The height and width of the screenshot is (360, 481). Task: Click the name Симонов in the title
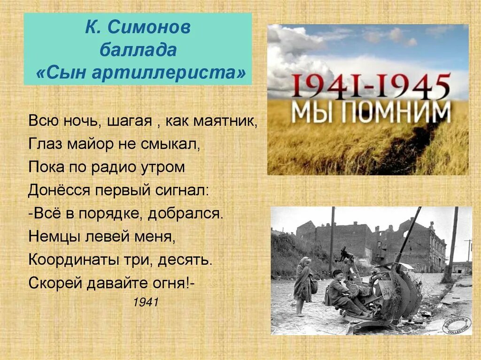[150, 28]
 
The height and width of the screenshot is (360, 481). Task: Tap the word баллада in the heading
[138, 50]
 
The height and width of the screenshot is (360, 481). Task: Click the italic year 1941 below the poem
[146, 303]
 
